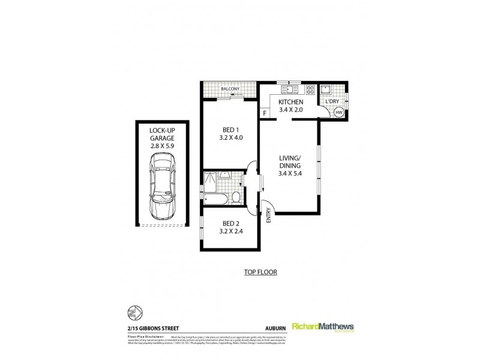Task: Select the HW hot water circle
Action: pyautogui.click(x=339, y=112)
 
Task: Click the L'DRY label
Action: pyautogui.click(x=332, y=101)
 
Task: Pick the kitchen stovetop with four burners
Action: pyautogui.click(x=310, y=91)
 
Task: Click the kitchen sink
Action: pyautogui.click(x=289, y=91)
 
